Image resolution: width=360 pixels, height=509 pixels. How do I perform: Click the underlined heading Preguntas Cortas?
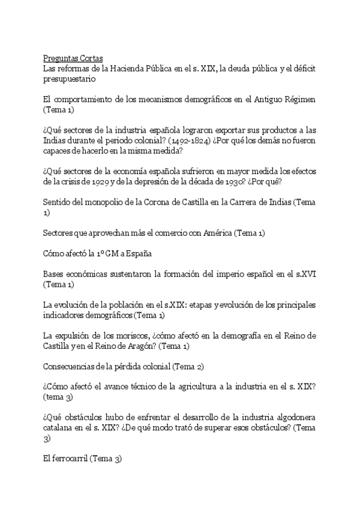[x=73, y=58]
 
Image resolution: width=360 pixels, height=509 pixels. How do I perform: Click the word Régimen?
[x=299, y=99]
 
